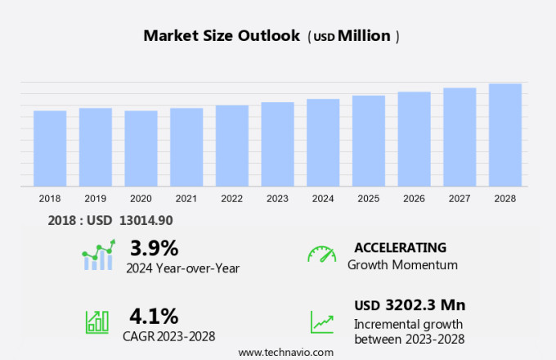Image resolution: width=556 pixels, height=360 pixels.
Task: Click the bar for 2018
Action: (50, 148)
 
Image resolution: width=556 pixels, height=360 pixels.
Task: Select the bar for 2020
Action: (141, 148)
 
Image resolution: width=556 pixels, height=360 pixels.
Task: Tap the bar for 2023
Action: (277, 144)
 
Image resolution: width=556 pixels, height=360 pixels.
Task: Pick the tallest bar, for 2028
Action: (505, 135)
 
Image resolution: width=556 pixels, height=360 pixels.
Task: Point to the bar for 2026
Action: (414, 139)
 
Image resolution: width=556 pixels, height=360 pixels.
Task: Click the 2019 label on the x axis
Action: (95, 199)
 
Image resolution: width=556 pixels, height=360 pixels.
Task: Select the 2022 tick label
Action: (231, 199)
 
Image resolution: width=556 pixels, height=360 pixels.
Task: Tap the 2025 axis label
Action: (368, 199)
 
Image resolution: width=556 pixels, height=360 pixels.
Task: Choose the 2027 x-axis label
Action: (460, 199)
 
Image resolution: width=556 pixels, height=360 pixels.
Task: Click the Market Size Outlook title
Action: (220, 36)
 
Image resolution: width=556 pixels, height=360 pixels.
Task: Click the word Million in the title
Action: (364, 36)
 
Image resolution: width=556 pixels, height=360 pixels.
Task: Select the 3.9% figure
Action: (154, 248)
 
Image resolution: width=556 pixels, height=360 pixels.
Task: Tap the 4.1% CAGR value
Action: (154, 315)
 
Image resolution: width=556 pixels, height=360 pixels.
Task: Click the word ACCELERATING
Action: (400, 248)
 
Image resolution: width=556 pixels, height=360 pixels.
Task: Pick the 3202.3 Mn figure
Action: (426, 305)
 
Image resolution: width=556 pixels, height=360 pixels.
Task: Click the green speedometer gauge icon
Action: (321, 254)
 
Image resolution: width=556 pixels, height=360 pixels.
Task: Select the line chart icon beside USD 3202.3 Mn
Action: (321, 321)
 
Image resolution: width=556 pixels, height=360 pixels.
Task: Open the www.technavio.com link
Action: (285, 352)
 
